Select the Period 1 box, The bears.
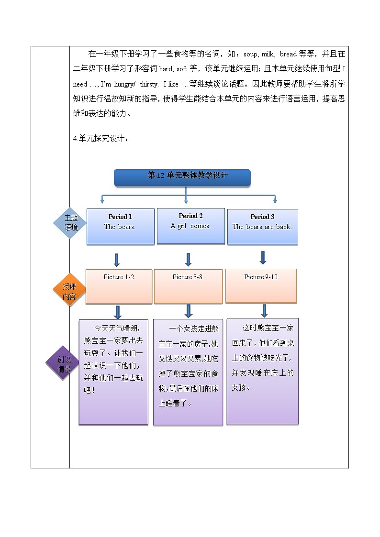[x=120, y=227]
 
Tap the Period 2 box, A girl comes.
[x=190, y=226]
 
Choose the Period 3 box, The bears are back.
[x=262, y=227]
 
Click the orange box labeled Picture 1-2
[x=119, y=286]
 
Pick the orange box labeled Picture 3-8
[x=188, y=286]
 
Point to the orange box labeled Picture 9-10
[x=261, y=285]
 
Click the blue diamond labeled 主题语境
[x=71, y=223]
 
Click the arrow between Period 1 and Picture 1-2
[x=116, y=260]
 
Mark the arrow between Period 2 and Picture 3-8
[x=188, y=259]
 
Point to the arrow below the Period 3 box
[x=263, y=257]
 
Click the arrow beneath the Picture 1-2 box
[x=118, y=312]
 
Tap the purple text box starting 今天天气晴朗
[x=113, y=372]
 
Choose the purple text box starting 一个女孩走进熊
[x=188, y=373]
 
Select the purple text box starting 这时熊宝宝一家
[x=262, y=371]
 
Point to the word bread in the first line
[x=289, y=54]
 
